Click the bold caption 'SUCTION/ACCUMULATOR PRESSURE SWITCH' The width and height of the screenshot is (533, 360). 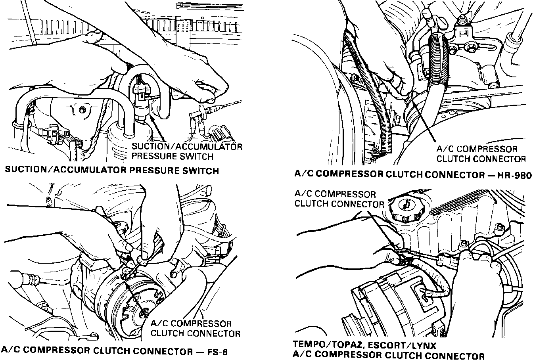tap(112, 171)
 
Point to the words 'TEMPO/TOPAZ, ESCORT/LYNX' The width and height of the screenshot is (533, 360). tap(365, 345)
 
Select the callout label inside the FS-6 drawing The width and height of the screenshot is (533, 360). tap(196, 328)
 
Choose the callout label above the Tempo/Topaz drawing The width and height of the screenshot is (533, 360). tap(339, 199)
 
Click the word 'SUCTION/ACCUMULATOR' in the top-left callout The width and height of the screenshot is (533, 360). tap(187, 147)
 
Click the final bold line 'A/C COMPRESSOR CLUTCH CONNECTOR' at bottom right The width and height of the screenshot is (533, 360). tap(389, 356)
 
